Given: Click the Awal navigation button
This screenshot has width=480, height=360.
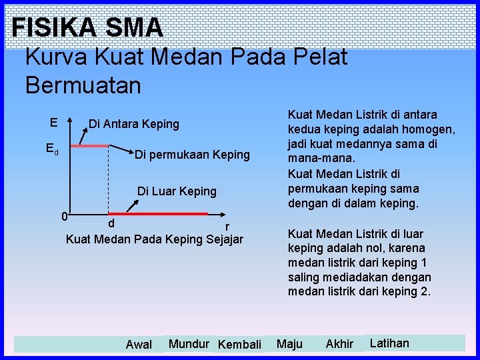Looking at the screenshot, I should (139, 345).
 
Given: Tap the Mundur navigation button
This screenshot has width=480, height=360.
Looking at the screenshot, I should (189, 344).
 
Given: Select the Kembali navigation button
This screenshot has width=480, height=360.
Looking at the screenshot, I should (239, 345).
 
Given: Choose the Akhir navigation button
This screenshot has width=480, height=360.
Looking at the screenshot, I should (339, 344).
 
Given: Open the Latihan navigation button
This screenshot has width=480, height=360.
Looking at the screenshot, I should (389, 343).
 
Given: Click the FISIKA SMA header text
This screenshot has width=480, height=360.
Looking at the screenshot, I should (87, 27).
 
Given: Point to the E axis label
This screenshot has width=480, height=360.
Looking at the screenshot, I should (53, 123).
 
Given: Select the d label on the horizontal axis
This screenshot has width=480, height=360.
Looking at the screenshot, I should (111, 223).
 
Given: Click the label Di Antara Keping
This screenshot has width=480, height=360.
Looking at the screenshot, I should (134, 124).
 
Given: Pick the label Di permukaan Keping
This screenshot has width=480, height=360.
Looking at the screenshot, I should (192, 155).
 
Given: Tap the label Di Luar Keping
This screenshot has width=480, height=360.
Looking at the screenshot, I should (177, 191).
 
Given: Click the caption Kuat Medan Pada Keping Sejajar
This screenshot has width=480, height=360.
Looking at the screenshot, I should (155, 239).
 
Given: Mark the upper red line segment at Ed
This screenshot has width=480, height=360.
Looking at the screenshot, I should (89, 145).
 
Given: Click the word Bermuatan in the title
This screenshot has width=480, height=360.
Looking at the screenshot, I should (83, 85).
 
